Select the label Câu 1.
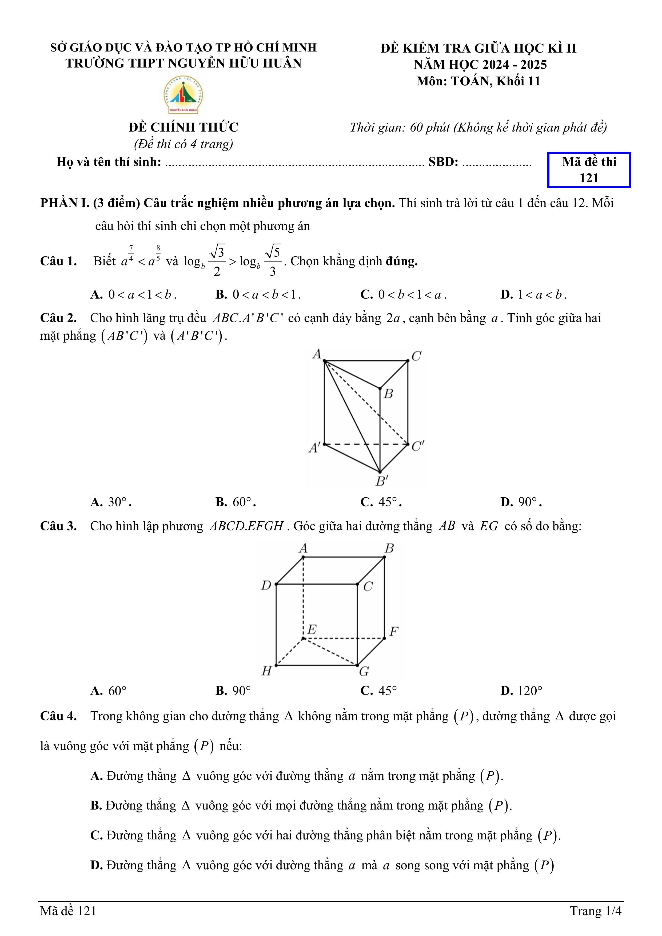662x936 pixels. coord(58,261)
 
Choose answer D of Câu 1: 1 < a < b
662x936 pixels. coord(533,294)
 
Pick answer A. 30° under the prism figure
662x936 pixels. coord(111,502)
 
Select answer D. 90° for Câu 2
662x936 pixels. coord(521,502)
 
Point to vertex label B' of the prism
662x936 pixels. coord(381,481)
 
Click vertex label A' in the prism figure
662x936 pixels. coord(314,448)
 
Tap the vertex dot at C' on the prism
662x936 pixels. coord(408,444)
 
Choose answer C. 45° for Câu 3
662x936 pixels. coord(379,691)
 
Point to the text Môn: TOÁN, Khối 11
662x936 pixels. coord(478,81)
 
